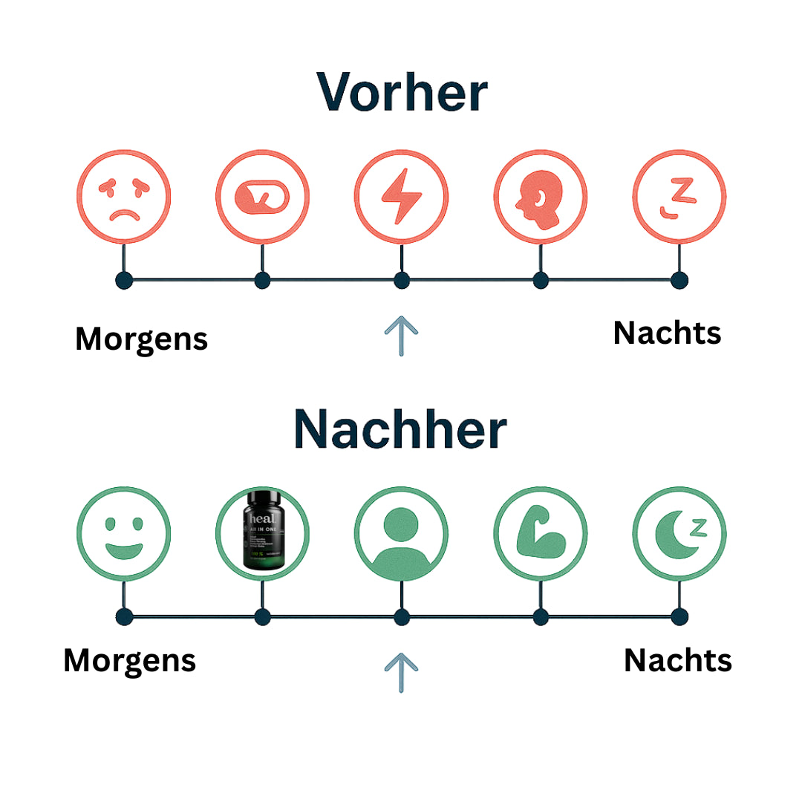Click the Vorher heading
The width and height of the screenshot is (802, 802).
(402, 92)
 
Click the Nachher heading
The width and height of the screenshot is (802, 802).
(400, 429)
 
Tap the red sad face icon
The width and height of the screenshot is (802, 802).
(124, 198)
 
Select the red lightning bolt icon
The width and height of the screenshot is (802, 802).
(401, 198)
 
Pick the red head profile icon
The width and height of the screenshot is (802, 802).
(540, 198)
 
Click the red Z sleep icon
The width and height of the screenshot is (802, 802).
(679, 198)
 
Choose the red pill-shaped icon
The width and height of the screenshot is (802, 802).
(262, 198)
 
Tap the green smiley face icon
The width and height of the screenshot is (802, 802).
(124, 534)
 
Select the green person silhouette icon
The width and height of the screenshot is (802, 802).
(401, 534)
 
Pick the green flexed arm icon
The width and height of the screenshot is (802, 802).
(540, 534)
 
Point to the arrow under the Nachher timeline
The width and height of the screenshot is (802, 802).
(401, 672)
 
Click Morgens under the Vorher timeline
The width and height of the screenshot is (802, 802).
(141, 339)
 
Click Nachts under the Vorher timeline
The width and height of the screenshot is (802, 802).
(667, 333)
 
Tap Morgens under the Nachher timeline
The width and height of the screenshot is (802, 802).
(129, 660)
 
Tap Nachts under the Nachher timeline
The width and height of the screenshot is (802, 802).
(677, 660)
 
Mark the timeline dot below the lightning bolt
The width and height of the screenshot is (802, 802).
(401, 281)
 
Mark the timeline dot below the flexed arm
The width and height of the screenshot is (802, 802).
(540, 616)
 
